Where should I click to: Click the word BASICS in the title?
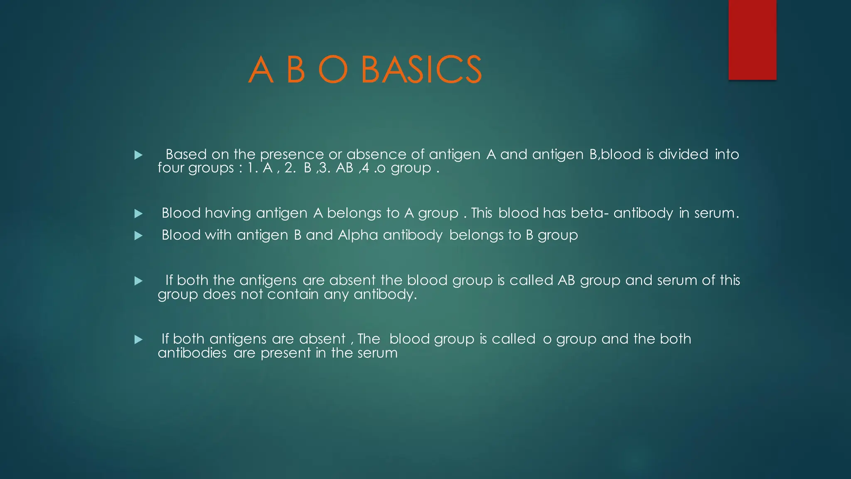tap(421, 70)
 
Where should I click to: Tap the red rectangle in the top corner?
tap(752, 40)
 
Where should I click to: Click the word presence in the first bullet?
tap(291, 155)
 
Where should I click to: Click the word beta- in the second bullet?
tap(590, 213)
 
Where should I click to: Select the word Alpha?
tap(358, 235)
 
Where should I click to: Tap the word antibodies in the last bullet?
tap(192, 353)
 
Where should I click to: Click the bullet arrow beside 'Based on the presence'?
tap(138, 155)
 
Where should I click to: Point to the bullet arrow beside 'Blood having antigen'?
tap(138, 214)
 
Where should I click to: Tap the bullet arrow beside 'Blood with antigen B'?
tap(138, 236)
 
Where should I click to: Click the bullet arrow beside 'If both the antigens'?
tap(138, 281)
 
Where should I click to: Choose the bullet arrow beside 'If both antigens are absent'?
tap(138, 340)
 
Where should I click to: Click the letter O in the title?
tap(333, 70)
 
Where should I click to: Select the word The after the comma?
tap(369, 339)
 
